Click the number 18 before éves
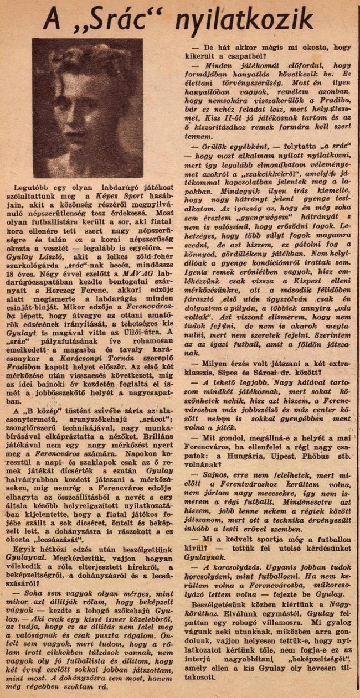coord(25,288)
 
